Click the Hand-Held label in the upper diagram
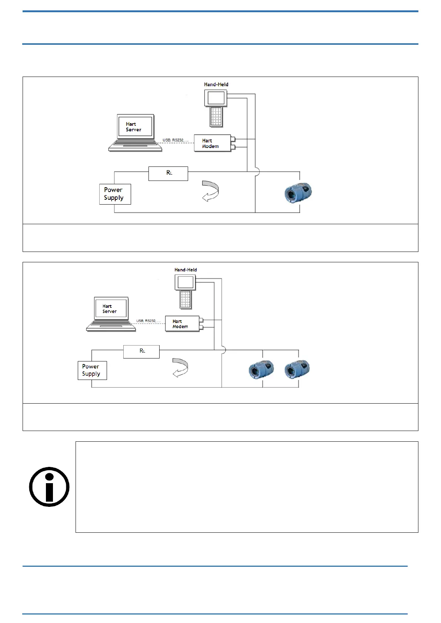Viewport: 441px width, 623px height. pyautogui.click(x=216, y=84)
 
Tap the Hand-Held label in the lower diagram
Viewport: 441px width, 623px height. pyautogui.click(x=186, y=270)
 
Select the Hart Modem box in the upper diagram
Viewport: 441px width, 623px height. pyautogui.click(x=212, y=143)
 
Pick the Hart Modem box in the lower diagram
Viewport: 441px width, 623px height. pyautogui.click(x=182, y=324)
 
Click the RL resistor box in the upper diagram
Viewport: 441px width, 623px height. pyautogui.click(x=168, y=173)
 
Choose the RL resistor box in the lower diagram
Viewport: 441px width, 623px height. pyautogui.click(x=141, y=351)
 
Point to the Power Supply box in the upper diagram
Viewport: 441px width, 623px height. pyautogui.click(x=115, y=194)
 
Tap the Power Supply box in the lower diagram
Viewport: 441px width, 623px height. pyautogui.click(x=92, y=370)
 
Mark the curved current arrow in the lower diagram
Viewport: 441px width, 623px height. pyautogui.click(x=181, y=368)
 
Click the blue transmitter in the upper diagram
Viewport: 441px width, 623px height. pyautogui.click(x=298, y=192)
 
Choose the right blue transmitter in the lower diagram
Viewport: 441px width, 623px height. pyautogui.click(x=297, y=369)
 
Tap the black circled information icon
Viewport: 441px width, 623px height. pyautogui.click(x=49, y=487)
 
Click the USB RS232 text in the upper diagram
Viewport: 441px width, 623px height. pyautogui.click(x=173, y=140)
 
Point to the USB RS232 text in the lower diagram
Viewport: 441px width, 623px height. pyautogui.click(x=146, y=321)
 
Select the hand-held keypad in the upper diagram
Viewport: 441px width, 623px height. pyautogui.click(x=217, y=117)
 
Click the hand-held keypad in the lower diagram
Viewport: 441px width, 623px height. pyautogui.click(x=186, y=299)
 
